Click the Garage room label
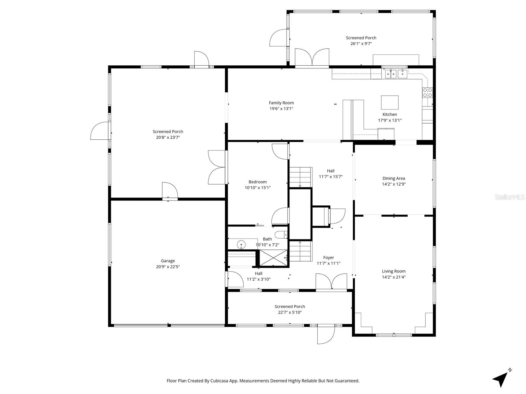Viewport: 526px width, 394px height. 168,261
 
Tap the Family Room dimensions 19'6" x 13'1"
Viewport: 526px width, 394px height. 281,108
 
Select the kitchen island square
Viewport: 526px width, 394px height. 389,103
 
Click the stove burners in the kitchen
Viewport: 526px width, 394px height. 427,93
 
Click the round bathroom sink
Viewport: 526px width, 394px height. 241,244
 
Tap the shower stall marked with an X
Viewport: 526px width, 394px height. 273,257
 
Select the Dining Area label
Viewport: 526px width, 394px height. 393,178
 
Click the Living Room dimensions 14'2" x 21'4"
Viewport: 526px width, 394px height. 393,277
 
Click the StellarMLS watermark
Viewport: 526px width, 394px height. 510,197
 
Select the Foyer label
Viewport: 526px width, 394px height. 328,258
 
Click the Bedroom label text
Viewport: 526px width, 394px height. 258,182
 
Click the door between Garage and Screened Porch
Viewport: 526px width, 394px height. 169,191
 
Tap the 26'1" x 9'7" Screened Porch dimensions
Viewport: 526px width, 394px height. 361,43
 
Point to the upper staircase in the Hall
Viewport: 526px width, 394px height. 300,177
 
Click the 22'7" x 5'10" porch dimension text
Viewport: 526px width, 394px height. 289,312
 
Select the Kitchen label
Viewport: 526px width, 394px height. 389,114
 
